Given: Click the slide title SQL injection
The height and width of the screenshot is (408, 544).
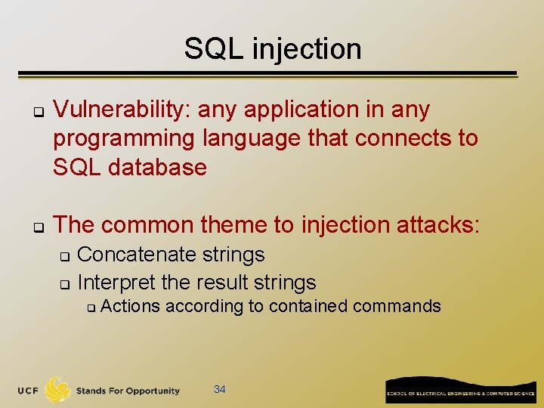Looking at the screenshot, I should (x=273, y=49).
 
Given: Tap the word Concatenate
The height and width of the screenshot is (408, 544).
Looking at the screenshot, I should (x=134, y=255).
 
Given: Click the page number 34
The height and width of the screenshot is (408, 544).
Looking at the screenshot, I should (x=220, y=389).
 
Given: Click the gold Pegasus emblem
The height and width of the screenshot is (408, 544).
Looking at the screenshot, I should (x=57, y=389).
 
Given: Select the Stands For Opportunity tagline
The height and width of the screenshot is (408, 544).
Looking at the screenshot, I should (x=128, y=391).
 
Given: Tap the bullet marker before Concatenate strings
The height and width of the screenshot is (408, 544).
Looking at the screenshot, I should (x=64, y=256).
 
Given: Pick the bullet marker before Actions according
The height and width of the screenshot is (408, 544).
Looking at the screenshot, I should (x=89, y=308).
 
